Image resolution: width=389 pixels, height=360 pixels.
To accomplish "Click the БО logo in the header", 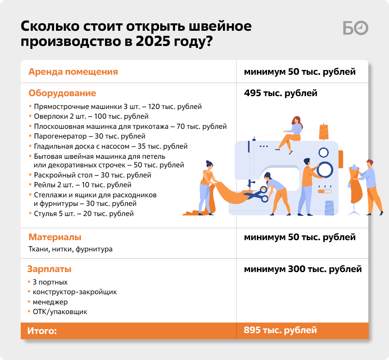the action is click(356, 28).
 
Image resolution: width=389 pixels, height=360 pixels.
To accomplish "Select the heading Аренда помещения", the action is click(73, 72).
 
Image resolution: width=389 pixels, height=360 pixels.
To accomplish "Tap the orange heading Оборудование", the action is click(62, 93).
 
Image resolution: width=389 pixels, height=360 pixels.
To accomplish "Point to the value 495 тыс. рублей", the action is click(280, 93).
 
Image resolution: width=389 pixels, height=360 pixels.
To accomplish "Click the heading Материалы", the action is click(55, 237).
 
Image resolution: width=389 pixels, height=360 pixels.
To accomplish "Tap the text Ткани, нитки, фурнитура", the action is click(70, 249).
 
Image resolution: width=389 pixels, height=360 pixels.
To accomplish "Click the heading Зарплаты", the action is click(49, 269).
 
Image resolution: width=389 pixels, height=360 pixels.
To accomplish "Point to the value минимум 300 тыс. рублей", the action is click(303, 269).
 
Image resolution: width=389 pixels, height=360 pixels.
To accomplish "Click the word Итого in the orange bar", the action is click(42, 331).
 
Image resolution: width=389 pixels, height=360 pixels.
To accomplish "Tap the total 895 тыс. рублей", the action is click(280, 330).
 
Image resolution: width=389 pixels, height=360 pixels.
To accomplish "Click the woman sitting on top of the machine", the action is click(290, 134).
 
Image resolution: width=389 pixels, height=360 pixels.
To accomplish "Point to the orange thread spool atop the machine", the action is click(324, 132).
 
